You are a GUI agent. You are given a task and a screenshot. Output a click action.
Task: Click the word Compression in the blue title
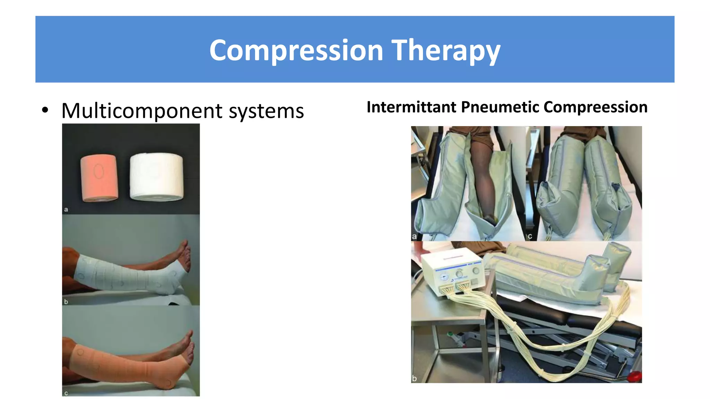(x=296, y=51)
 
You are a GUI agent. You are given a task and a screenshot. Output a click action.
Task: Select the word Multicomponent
(x=142, y=111)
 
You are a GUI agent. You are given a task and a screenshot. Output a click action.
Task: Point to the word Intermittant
(x=411, y=107)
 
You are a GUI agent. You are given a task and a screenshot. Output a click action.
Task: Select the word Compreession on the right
(x=595, y=107)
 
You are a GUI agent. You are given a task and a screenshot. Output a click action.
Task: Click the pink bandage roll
(x=99, y=178)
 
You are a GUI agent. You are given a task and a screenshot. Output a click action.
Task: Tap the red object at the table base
(x=635, y=376)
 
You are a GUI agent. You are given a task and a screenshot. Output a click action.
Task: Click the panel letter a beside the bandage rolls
(x=66, y=210)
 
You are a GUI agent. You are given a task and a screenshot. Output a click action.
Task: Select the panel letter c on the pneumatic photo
(x=530, y=237)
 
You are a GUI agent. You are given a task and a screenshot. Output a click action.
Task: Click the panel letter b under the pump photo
(x=414, y=378)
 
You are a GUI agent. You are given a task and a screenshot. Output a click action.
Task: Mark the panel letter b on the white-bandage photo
(x=66, y=302)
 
